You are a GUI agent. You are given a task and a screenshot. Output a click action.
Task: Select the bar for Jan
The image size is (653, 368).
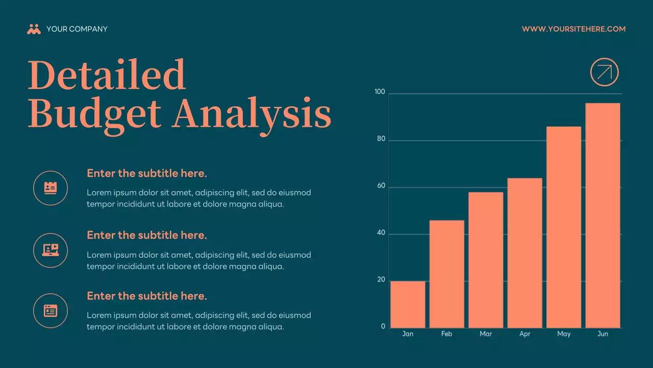click(408, 304)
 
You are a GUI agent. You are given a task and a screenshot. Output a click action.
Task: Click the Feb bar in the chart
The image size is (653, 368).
click(447, 274)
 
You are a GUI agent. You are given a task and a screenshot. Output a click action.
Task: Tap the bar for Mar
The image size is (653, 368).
click(486, 260)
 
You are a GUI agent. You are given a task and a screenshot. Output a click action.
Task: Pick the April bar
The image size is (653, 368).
click(524, 252)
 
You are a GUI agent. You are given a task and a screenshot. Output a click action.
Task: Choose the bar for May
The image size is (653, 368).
click(564, 227)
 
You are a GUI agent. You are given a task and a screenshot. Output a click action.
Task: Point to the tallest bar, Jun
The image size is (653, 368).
click(602, 215)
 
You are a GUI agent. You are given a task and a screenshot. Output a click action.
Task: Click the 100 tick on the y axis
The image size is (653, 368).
click(380, 92)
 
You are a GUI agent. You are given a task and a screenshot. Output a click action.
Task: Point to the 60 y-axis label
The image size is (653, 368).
click(381, 187)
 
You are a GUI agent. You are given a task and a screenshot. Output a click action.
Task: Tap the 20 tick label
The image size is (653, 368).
click(381, 280)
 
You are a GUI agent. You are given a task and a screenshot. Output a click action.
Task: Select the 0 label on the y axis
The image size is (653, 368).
click(383, 327)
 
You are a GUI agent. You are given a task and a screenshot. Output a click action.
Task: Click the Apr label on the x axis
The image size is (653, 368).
click(524, 334)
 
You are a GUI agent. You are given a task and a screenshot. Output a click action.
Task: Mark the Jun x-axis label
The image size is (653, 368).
click(602, 334)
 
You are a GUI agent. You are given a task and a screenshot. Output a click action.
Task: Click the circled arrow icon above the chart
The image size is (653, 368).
click(604, 72)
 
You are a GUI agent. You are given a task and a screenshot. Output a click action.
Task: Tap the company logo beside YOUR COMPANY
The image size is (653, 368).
click(34, 29)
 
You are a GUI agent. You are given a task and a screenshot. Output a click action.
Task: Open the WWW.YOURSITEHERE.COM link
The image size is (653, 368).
click(573, 29)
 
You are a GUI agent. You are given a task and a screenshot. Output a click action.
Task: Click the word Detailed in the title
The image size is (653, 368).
click(106, 75)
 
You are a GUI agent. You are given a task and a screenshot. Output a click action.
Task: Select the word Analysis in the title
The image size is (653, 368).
click(252, 113)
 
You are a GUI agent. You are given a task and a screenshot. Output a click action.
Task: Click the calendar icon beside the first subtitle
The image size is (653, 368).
click(51, 188)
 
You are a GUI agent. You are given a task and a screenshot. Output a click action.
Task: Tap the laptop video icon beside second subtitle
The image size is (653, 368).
click(51, 250)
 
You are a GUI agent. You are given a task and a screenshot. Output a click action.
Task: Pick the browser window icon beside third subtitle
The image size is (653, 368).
click(51, 311)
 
